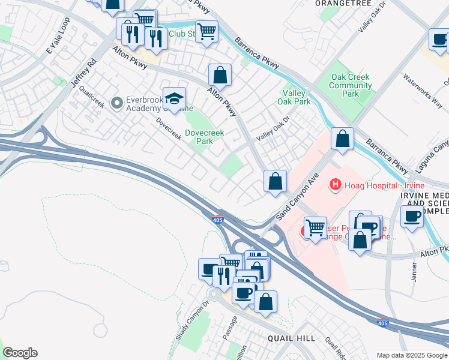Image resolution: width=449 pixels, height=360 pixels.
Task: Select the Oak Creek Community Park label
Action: pos(350,85)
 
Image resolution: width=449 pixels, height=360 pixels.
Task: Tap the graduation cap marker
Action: pos(174,99)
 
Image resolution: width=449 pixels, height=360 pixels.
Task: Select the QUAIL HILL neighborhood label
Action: pos(292,338)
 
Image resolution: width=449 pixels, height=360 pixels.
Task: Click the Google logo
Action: pos(20,353)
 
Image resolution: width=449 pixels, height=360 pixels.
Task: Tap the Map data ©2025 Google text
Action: pos(411,355)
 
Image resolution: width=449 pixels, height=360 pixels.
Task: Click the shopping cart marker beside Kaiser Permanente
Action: pos(315,228)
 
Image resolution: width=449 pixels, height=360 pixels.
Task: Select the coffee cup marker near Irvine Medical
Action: pos(412,217)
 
